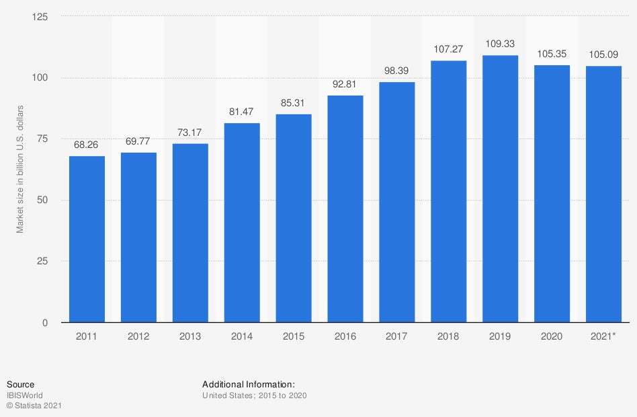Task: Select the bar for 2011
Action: (x=87, y=239)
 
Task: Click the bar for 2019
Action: (x=501, y=188)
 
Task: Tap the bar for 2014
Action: (x=242, y=223)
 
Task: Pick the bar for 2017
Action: (x=397, y=202)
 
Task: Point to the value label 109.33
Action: (x=501, y=44)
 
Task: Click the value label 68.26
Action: (x=87, y=145)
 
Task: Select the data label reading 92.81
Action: (x=345, y=85)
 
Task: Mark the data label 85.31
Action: (x=294, y=103)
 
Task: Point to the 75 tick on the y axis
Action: (x=43, y=139)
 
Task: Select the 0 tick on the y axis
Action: (x=46, y=323)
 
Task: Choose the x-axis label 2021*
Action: (x=603, y=336)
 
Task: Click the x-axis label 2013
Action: (x=190, y=336)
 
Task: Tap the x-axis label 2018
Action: (x=449, y=336)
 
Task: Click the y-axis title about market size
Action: (x=20, y=169)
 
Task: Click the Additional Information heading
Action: (x=248, y=384)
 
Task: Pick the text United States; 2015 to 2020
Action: (x=254, y=395)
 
